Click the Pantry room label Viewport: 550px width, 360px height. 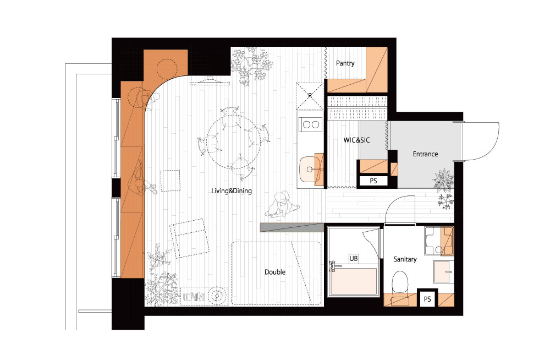tap(345, 63)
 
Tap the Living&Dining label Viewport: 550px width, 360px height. tap(232, 191)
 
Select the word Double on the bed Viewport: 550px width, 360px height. tap(275, 272)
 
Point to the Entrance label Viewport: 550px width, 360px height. tap(425, 154)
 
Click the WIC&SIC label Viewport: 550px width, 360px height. tap(356, 140)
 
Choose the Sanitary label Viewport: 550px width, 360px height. tap(405, 259)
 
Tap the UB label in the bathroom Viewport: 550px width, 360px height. tap(354, 259)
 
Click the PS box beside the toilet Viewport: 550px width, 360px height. tap(427, 299)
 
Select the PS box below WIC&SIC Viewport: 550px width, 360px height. tap(373, 181)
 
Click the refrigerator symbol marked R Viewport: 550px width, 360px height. tap(310, 96)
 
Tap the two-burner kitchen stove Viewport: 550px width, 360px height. tap(311, 124)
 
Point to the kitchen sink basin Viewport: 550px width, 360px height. tap(309, 170)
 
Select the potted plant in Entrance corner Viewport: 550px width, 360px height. tap(443, 179)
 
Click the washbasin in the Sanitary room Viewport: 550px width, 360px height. tap(444, 271)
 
